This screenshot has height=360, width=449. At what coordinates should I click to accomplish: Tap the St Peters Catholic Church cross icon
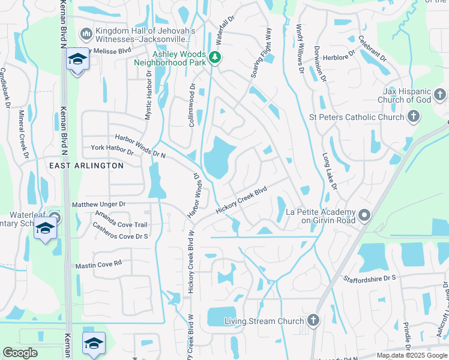(x=413, y=116)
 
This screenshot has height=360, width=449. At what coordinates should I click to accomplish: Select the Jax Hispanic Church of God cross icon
(x=440, y=94)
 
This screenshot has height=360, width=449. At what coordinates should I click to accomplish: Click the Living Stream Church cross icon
(x=312, y=320)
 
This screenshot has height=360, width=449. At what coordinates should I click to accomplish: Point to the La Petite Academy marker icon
(x=364, y=215)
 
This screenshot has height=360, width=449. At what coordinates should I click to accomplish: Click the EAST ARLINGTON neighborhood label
(x=86, y=165)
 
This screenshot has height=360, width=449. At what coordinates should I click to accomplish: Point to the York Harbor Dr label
(x=115, y=148)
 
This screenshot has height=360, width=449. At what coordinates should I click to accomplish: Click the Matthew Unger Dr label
(x=98, y=205)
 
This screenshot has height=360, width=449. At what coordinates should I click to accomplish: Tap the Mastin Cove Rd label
(x=98, y=264)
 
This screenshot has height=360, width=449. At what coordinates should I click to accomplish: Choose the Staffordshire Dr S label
(x=370, y=278)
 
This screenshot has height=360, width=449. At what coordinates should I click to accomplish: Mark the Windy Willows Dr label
(x=300, y=49)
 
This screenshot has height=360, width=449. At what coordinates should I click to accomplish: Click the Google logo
(x=20, y=353)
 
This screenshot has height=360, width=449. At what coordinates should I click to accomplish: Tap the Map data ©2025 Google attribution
(x=411, y=355)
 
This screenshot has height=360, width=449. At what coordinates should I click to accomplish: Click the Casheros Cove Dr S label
(x=120, y=232)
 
